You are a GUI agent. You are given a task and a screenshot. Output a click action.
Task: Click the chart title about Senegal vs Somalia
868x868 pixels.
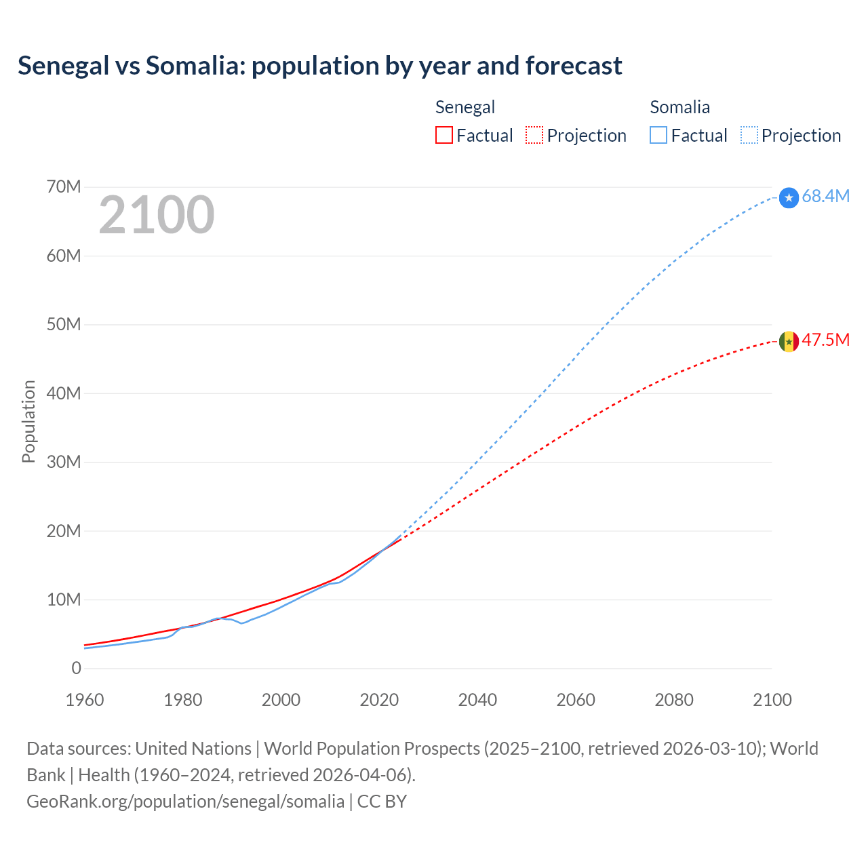coord(319,66)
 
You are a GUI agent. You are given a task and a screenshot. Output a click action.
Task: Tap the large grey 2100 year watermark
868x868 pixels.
coord(157,215)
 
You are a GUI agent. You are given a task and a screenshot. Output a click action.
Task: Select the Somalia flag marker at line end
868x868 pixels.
coord(789,197)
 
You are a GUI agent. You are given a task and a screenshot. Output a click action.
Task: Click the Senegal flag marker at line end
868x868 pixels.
coord(789,341)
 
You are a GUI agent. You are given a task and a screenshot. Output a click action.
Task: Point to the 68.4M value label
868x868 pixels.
coord(825,196)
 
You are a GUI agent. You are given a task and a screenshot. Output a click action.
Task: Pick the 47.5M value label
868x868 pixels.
coord(825,340)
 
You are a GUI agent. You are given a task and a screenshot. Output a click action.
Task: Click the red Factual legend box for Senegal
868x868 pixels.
coord(443,135)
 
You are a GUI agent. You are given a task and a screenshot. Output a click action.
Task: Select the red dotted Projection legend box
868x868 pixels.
coord(534,135)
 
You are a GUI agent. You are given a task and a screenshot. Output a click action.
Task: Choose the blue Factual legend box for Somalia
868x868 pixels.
coord(658,135)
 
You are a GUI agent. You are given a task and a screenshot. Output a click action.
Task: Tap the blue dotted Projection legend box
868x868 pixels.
coord(749,135)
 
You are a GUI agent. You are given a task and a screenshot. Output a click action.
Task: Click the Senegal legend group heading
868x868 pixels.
coord(465,107)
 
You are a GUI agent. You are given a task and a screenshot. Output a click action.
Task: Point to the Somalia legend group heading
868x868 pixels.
coord(679,107)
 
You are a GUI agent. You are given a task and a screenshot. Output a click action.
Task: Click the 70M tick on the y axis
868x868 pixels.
coord(64,186)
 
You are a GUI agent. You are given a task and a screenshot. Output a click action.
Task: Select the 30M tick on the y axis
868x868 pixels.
coord(64,462)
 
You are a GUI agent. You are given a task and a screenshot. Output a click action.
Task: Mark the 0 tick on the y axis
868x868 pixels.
coord(76,668)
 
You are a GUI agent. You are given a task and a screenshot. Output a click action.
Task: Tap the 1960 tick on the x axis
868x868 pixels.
coord(85,700)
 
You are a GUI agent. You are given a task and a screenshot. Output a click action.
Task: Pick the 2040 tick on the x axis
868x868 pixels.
coord(477,700)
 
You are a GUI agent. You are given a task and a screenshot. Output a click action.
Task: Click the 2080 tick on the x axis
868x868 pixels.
coord(674,700)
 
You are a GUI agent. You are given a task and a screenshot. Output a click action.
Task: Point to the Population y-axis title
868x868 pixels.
coord(28,421)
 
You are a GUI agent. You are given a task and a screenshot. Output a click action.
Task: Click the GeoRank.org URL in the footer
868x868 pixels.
coord(185,801)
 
